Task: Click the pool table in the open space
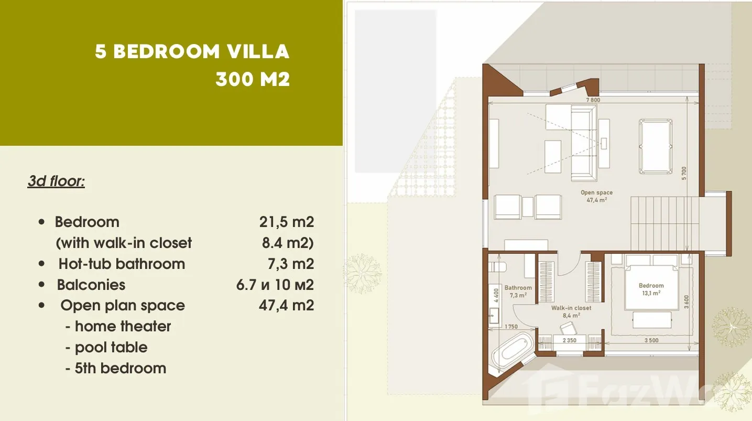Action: pos(656,146)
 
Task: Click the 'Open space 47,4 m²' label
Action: pos(596,196)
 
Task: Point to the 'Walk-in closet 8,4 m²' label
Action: pos(571,311)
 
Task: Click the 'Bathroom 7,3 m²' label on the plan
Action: pos(518,292)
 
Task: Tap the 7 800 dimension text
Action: pos(593,100)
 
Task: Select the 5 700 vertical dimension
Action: pos(684,173)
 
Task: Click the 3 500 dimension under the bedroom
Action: pos(651,340)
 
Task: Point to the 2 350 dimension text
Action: pos(569,340)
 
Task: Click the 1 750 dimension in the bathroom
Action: pos(511,326)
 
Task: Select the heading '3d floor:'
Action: pos(56,181)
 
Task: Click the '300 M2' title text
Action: pos(253,80)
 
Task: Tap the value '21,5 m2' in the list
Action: pos(286,222)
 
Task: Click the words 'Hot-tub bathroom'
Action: pos(122,264)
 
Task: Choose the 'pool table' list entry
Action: pos(111,348)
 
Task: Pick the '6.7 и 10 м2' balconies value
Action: pos(275,285)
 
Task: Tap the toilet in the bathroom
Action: pos(497,267)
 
